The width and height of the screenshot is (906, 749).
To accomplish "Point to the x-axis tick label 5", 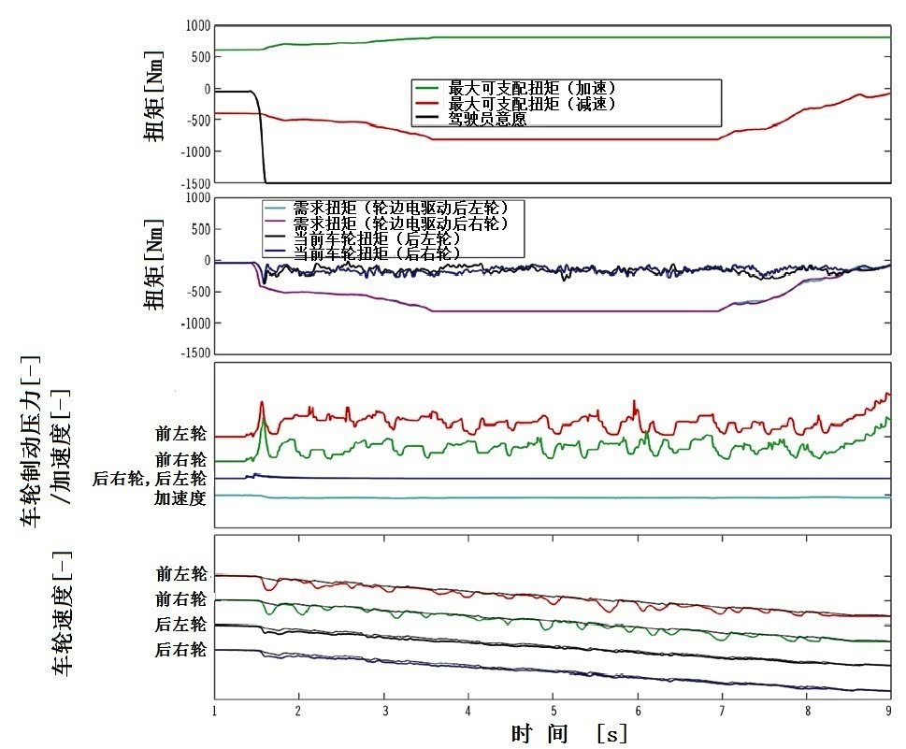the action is [554, 711].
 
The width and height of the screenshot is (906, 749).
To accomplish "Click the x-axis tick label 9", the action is [888, 711].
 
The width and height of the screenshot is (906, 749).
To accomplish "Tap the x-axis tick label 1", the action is [214, 711].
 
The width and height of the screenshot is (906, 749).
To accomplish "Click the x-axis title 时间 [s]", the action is [569, 734].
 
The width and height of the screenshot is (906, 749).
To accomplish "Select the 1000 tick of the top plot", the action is [197, 26].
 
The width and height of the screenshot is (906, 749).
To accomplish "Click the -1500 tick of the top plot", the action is [195, 183].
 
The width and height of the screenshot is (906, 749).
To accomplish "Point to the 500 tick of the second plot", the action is [201, 229].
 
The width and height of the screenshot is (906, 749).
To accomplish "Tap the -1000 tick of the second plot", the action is [195, 324].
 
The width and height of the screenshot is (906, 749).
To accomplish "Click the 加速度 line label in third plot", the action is [180, 497].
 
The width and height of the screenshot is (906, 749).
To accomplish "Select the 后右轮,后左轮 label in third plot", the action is [149, 479].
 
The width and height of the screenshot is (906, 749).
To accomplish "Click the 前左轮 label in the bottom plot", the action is [181, 574].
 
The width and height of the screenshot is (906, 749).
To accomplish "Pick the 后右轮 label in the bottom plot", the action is [180, 650].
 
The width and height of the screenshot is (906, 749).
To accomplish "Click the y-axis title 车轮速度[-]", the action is [63, 613].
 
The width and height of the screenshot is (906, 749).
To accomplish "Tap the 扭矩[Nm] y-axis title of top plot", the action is [153, 96].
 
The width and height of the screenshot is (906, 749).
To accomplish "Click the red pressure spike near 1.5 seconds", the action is [262, 411].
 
